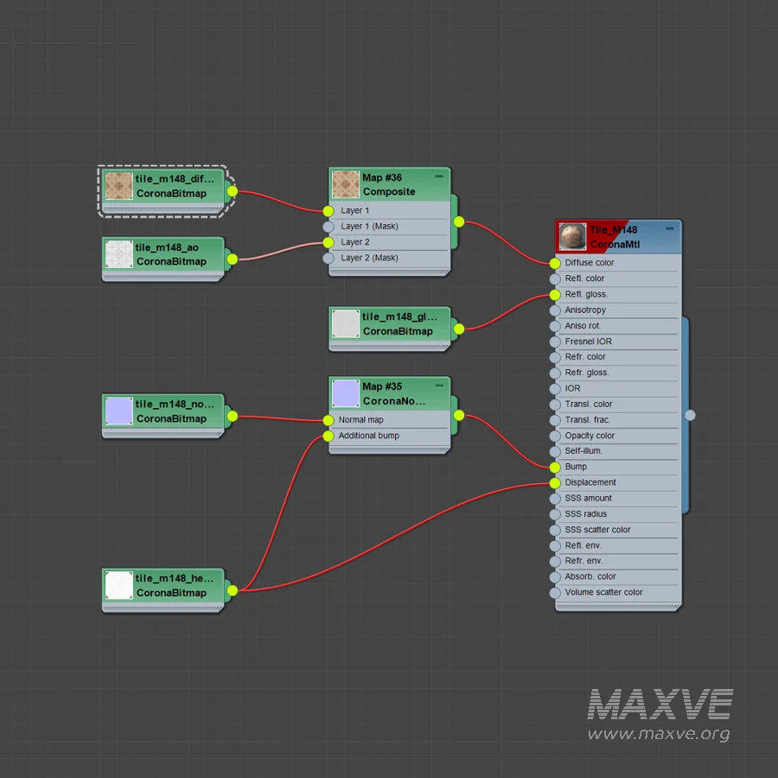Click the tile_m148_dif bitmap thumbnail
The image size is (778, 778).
119,186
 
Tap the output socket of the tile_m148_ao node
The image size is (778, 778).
233,259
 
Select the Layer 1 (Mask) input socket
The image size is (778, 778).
328,226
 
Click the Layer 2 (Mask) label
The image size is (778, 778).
369,258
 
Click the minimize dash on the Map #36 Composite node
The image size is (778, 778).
438,176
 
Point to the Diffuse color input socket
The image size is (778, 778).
555,263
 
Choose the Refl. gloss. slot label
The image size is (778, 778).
586,294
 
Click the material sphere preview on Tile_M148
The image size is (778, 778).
572,236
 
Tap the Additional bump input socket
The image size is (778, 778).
328,437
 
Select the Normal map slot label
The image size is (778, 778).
360,420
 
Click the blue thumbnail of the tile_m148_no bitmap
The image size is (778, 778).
119,411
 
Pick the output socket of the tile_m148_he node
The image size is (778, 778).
233,590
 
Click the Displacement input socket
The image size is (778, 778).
555,482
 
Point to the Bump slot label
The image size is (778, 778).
576,467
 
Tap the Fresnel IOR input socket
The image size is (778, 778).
555,341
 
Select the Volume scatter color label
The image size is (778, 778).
603,592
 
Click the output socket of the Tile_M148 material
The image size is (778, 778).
690,415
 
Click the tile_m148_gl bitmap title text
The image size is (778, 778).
399,316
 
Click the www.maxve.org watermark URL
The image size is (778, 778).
659,734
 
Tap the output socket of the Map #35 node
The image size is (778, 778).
459,415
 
